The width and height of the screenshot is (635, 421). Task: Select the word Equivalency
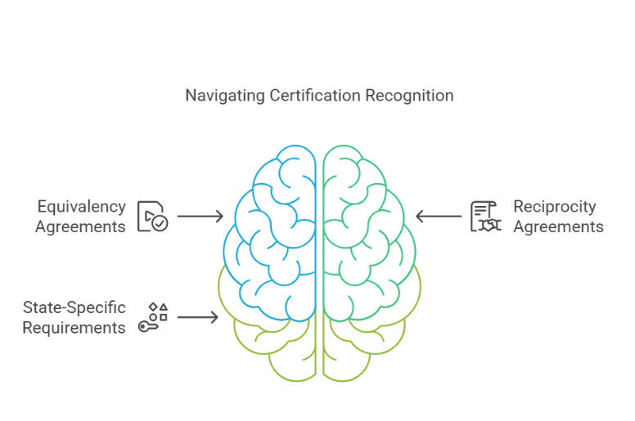(x=81, y=207)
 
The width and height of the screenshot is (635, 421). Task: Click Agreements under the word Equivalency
(x=80, y=226)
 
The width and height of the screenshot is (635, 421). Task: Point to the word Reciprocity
(x=554, y=207)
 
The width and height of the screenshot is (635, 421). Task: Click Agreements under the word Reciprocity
(x=558, y=226)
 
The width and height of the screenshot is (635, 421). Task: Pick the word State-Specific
(x=74, y=308)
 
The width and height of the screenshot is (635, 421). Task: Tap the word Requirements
(x=74, y=328)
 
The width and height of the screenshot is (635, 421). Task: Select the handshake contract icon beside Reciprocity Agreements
(x=485, y=216)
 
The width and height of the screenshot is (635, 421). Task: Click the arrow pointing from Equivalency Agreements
(x=200, y=217)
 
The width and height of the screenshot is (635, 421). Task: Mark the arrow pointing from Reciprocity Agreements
(x=439, y=217)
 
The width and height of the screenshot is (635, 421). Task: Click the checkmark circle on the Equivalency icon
(x=160, y=222)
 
